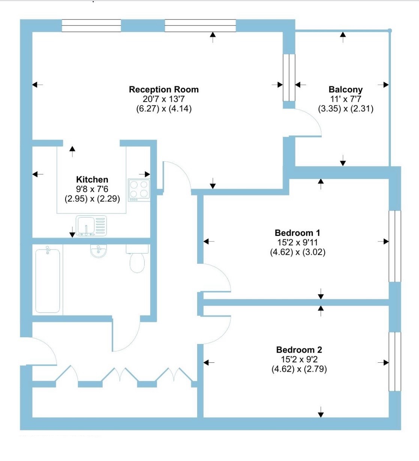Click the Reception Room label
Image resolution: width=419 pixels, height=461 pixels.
pyautogui.click(x=164, y=89)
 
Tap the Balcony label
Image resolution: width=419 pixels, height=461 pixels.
pyautogui.click(x=346, y=89)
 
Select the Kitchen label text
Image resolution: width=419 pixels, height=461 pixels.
pyautogui.click(x=92, y=179)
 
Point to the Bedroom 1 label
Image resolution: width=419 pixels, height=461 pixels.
pyautogui.click(x=297, y=233)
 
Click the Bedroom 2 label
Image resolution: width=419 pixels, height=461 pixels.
pyautogui.click(x=299, y=350)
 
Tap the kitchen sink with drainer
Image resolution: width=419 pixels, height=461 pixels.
pyautogui.click(x=91, y=226)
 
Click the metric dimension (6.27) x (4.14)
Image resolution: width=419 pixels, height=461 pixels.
pyautogui.click(x=164, y=108)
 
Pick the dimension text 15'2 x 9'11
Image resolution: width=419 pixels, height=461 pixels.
pyautogui.click(x=297, y=242)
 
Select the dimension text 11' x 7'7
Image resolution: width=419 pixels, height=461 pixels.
pyautogui.click(x=346, y=99)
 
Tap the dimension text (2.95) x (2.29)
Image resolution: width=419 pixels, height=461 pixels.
pyautogui.click(x=92, y=198)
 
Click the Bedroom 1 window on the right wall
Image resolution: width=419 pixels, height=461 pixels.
pyautogui.click(x=395, y=246)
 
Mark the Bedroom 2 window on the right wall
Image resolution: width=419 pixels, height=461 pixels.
pyautogui.click(x=395, y=362)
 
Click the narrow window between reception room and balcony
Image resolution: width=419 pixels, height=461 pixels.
pyautogui.click(x=289, y=78)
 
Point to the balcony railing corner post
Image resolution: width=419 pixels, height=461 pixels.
pyautogui.click(x=390, y=30)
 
